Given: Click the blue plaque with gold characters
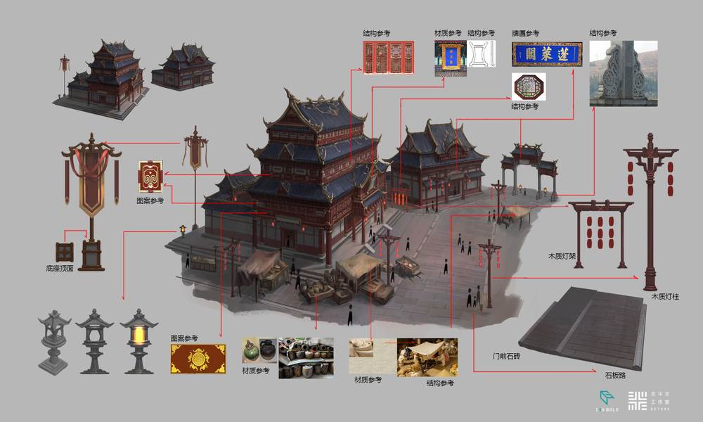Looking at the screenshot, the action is pyautogui.click(x=547, y=53).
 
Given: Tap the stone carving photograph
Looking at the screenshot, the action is pyautogui.click(x=623, y=73).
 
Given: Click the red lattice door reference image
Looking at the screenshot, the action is pyautogui.click(x=388, y=58).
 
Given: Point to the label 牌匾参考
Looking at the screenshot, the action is pyautogui.click(x=525, y=33).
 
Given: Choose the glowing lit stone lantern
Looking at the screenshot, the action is pyautogui.click(x=138, y=340).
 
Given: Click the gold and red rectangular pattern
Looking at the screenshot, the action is pyautogui.click(x=198, y=359).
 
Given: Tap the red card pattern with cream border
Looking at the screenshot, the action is pyautogui.click(x=150, y=177).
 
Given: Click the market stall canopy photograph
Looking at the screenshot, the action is pyautogui.click(x=427, y=357).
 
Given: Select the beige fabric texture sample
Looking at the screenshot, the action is pyautogui.click(x=372, y=356).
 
